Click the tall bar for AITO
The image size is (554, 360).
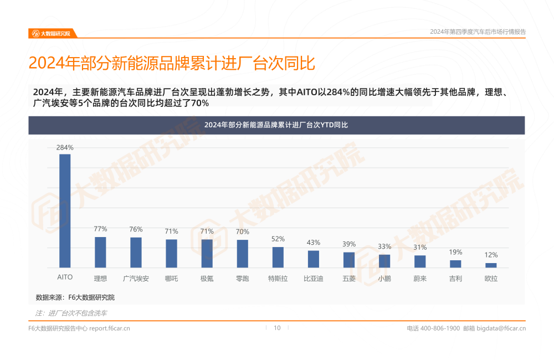tap(65, 210)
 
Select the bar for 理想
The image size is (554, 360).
tap(100, 253)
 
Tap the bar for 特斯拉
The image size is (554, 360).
tap(278, 258)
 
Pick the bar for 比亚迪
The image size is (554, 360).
tap(314, 259)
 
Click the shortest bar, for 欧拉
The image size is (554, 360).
tap(491, 265)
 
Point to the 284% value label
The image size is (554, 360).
tap(65, 147)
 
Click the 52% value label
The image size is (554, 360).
tap(278, 239)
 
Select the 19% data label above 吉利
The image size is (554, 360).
tap(455, 252)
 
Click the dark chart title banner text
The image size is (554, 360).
tap(276, 125)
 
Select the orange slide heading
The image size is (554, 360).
tap(172, 63)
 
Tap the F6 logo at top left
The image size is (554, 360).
tap(51, 33)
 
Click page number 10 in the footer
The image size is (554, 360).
tap(277, 328)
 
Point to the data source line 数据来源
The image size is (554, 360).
tap(75, 297)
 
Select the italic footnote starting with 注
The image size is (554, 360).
tap(71, 313)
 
